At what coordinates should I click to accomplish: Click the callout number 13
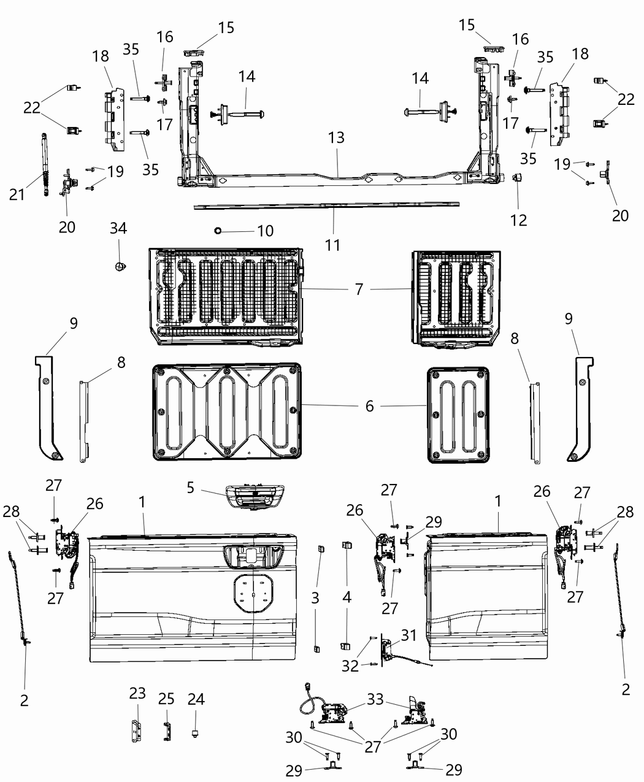[x=337, y=138]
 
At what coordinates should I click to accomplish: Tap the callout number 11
[x=332, y=245]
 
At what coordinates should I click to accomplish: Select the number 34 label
[x=118, y=228]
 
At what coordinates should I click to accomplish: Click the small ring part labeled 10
[x=218, y=231]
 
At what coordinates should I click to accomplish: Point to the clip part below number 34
[x=120, y=266]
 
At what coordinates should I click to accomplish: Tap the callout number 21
[x=17, y=194]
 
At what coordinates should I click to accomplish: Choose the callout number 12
[x=519, y=220]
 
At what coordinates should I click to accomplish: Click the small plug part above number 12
[x=516, y=178]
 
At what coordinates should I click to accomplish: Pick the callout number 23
[x=137, y=693]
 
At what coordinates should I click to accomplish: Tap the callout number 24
[x=196, y=699]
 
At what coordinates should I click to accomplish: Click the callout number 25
[x=167, y=699]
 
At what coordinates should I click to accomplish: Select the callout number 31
[x=408, y=635]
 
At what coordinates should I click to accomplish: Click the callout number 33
[x=375, y=699]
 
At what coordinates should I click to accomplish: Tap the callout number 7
[x=359, y=289]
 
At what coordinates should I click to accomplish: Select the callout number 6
[x=369, y=406]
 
